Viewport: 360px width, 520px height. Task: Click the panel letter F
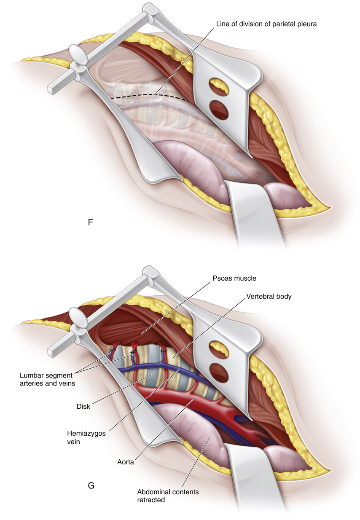pos(90,222)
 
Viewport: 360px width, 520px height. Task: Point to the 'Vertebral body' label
pos(268,296)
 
